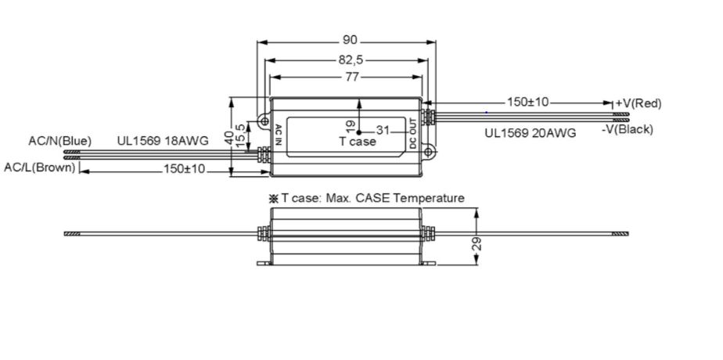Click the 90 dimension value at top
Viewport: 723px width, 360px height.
(349, 40)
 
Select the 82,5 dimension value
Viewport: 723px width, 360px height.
(349, 59)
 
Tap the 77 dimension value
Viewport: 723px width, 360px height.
(349, 77)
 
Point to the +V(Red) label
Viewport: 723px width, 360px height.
(639, 103)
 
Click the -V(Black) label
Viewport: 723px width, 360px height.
(628, 129)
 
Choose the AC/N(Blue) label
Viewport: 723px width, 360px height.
(60, 141)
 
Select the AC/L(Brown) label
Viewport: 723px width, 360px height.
(40, 167)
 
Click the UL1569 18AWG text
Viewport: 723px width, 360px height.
(163, 141)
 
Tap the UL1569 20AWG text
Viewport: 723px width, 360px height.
(530, 133)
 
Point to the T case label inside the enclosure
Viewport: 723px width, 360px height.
(357, 142)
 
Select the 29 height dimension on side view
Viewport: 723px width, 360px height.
(477, 243)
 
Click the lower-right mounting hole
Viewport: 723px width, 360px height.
(429, 152)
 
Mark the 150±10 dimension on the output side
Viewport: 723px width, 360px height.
(529, 102)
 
